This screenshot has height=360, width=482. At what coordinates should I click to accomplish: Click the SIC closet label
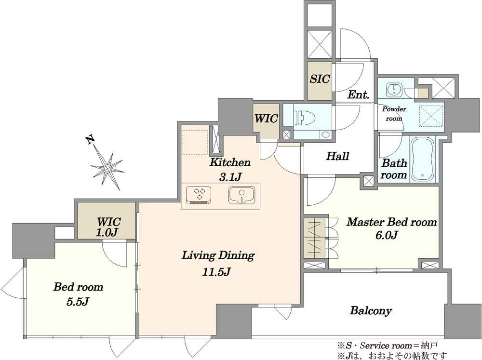(320, 79)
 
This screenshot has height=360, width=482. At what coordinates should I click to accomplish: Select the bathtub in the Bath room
(423, 160)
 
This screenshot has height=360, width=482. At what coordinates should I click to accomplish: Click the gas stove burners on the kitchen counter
(198, 195)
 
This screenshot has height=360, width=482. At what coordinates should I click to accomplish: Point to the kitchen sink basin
(241, 195)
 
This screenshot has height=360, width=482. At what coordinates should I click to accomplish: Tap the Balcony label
(371, 311)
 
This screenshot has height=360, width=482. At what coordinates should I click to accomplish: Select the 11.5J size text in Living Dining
(216, 272)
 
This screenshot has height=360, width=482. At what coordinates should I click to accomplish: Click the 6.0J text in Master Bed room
(387, 235)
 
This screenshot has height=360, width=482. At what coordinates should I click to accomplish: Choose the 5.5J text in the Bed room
(78, 302)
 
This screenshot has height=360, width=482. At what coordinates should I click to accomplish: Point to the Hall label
(337, 156)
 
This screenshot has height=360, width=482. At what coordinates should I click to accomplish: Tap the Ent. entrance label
(358, 94)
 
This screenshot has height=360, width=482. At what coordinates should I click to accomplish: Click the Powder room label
(394, 114)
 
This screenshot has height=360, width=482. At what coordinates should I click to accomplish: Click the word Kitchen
(230, 162)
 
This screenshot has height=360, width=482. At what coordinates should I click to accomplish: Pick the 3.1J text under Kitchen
(229, 177)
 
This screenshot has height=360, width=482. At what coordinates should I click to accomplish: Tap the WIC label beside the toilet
(266, 119)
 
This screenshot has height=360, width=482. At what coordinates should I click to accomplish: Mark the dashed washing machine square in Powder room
(431, 116)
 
